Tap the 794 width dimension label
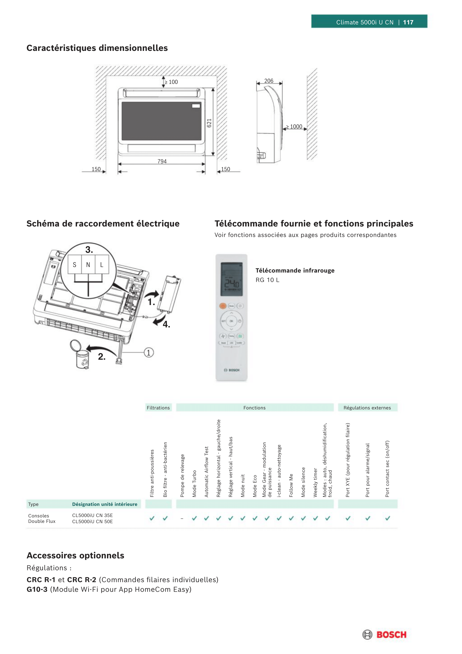[162, 161]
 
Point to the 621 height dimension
[209, 123]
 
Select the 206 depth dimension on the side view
[268, 81]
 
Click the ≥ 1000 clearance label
[294, 126]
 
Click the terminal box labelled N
[88, 265]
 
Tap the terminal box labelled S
[75, 265]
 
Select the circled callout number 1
[149, 352]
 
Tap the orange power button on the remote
[223, 306]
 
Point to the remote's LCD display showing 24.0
[232, 279]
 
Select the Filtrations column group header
[158, 408]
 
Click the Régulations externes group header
[367, 408]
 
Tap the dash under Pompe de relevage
[182, 518]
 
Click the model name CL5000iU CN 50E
[92, 521]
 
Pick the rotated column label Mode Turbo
[194, 484]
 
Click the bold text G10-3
[37, 589]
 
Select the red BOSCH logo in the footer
[391, 635]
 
